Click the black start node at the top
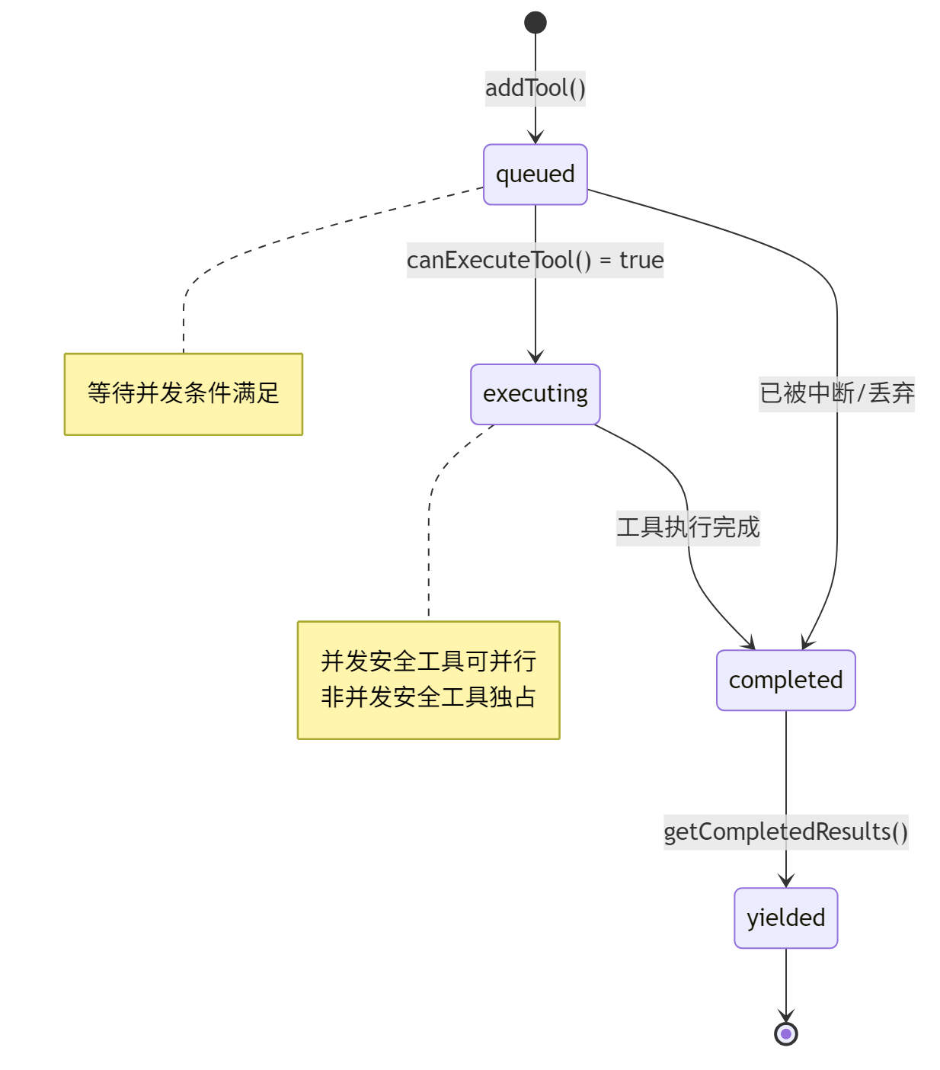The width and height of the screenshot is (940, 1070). (536, 23)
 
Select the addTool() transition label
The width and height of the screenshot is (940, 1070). (536, 88)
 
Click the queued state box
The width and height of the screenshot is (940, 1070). (536, 175)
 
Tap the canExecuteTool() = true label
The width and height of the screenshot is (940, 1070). (536, 261)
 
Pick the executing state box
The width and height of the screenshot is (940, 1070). (536, 394)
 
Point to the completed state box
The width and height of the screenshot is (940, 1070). (785, 681)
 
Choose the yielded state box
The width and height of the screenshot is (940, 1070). (785, 918)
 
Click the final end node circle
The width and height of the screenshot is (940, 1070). (785, 1034)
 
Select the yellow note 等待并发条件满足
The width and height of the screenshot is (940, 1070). (184, 394)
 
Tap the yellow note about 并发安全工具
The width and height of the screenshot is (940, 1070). (428, 680)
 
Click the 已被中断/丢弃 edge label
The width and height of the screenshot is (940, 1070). (836, 393)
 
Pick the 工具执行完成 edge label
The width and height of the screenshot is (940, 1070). (688, 527)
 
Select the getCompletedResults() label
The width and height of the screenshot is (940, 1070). (785, 832)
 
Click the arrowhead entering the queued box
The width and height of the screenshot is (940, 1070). (536, 137)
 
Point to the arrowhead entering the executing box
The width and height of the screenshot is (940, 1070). (536, 357)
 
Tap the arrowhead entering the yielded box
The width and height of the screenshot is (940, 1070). (785, 881)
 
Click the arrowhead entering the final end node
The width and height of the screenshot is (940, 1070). (785, 1016)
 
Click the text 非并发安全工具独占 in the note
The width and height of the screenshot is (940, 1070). (428, 697)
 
